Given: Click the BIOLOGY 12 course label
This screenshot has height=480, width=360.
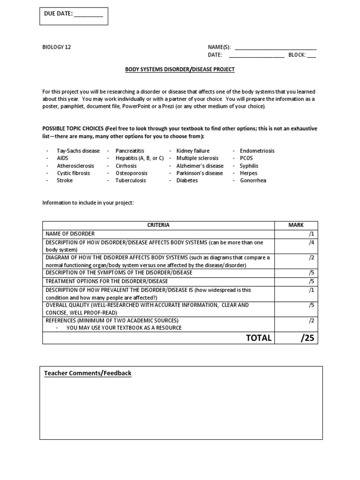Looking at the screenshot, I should (x=57, y=47).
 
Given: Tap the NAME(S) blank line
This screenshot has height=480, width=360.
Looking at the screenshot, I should (x=275, y=48).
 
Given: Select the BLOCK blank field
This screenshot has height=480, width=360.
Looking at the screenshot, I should (x=311, y=55).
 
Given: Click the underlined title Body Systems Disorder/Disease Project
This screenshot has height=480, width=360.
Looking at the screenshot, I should (x=180, y=69).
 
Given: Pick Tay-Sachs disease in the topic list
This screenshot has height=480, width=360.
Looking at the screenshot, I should (x=78, y=151).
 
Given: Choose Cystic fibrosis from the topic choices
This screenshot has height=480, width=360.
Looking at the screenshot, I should (x=74, y=173).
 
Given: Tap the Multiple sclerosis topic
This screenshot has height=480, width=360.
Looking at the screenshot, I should (x=197, y=158).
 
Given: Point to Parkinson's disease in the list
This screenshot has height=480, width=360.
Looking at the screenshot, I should (x=200, y=173).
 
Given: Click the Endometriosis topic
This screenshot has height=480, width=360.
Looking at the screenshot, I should (x=257, y=151).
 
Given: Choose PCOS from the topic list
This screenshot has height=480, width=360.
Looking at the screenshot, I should (x=246, y=158).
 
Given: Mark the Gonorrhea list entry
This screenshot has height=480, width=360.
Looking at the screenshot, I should (x=253, y=180).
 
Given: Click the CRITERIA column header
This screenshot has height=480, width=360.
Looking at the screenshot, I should (x=158, y=225).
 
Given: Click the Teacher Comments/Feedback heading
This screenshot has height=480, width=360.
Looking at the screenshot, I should (x=88, y=373).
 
